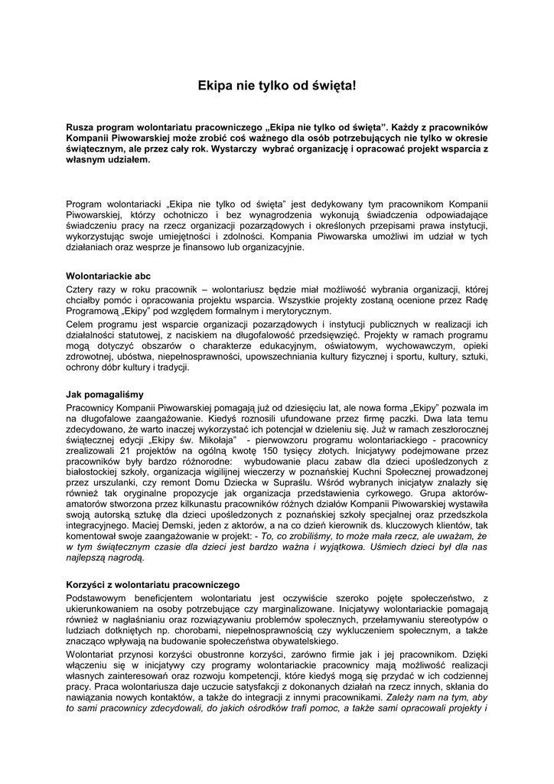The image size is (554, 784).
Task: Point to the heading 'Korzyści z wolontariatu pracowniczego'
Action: tap(154, 584)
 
